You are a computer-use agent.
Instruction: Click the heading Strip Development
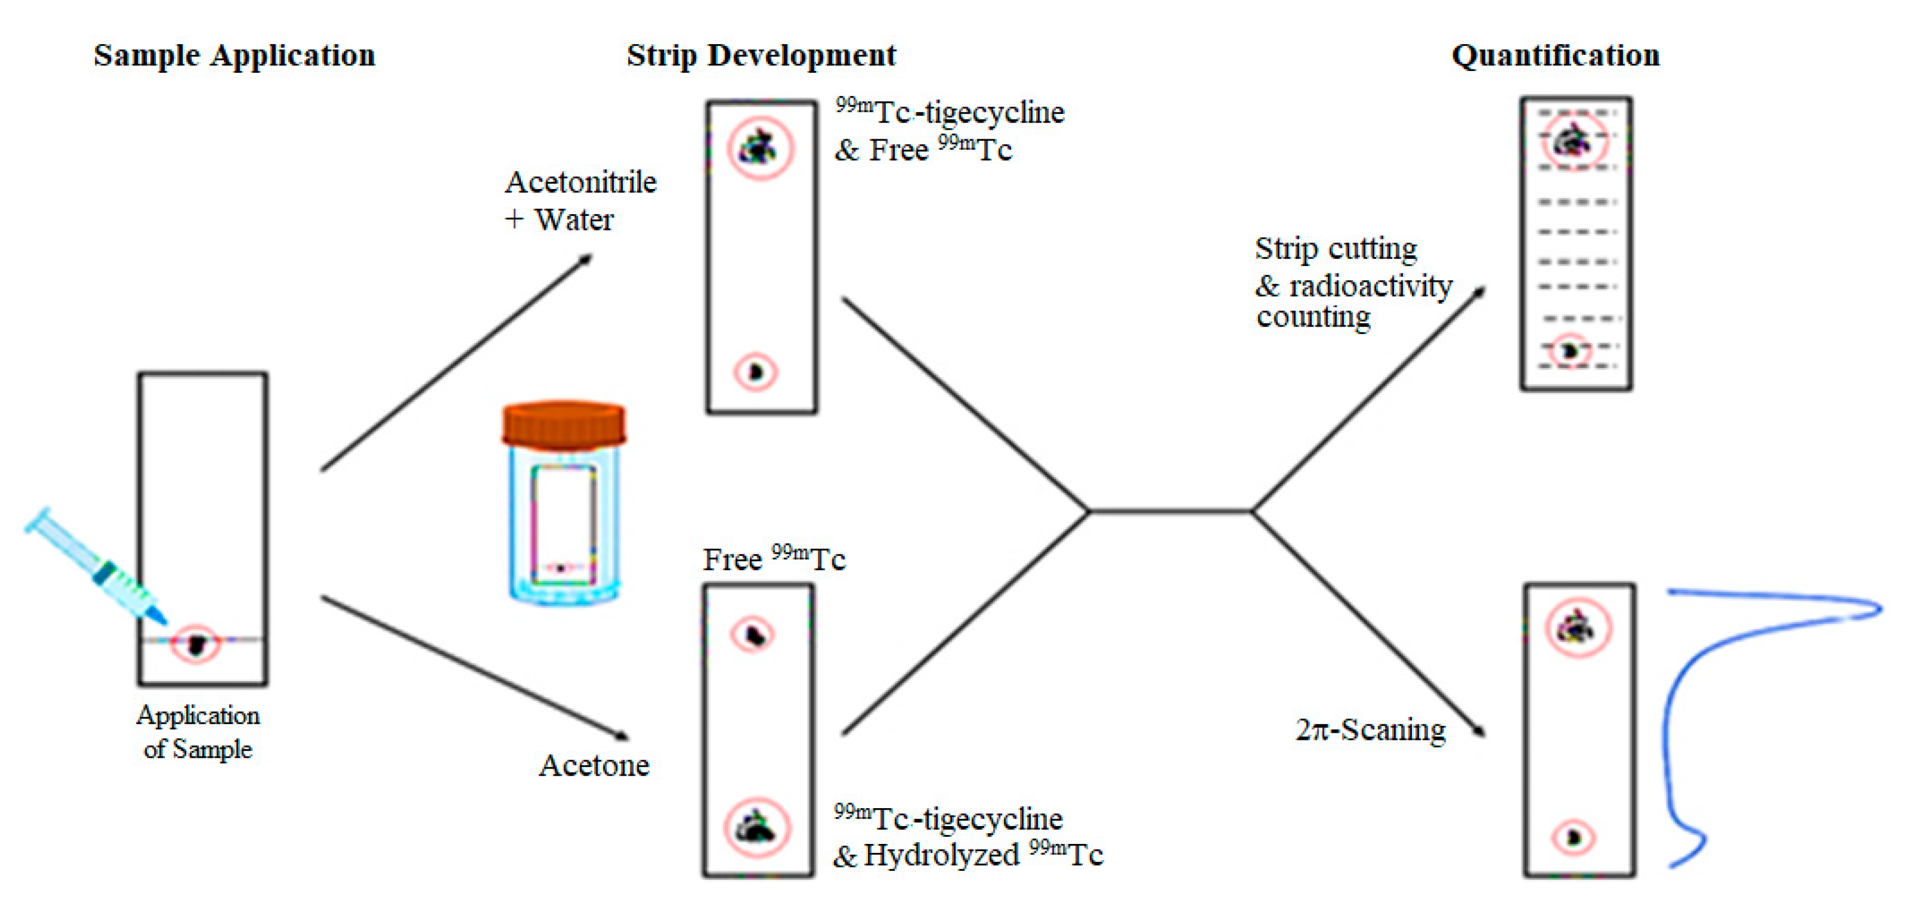click(761, 55)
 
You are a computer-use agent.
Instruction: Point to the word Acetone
click(594, 766)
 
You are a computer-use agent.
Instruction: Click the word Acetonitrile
click(580, 182)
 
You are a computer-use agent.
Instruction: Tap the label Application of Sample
click(198, 732)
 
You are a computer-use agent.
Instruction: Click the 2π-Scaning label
click(1371, 730)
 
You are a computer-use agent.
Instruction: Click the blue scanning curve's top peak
click(1876, 609)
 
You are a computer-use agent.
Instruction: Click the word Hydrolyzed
click(941, 856)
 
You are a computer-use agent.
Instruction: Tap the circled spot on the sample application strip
click(196, 644)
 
